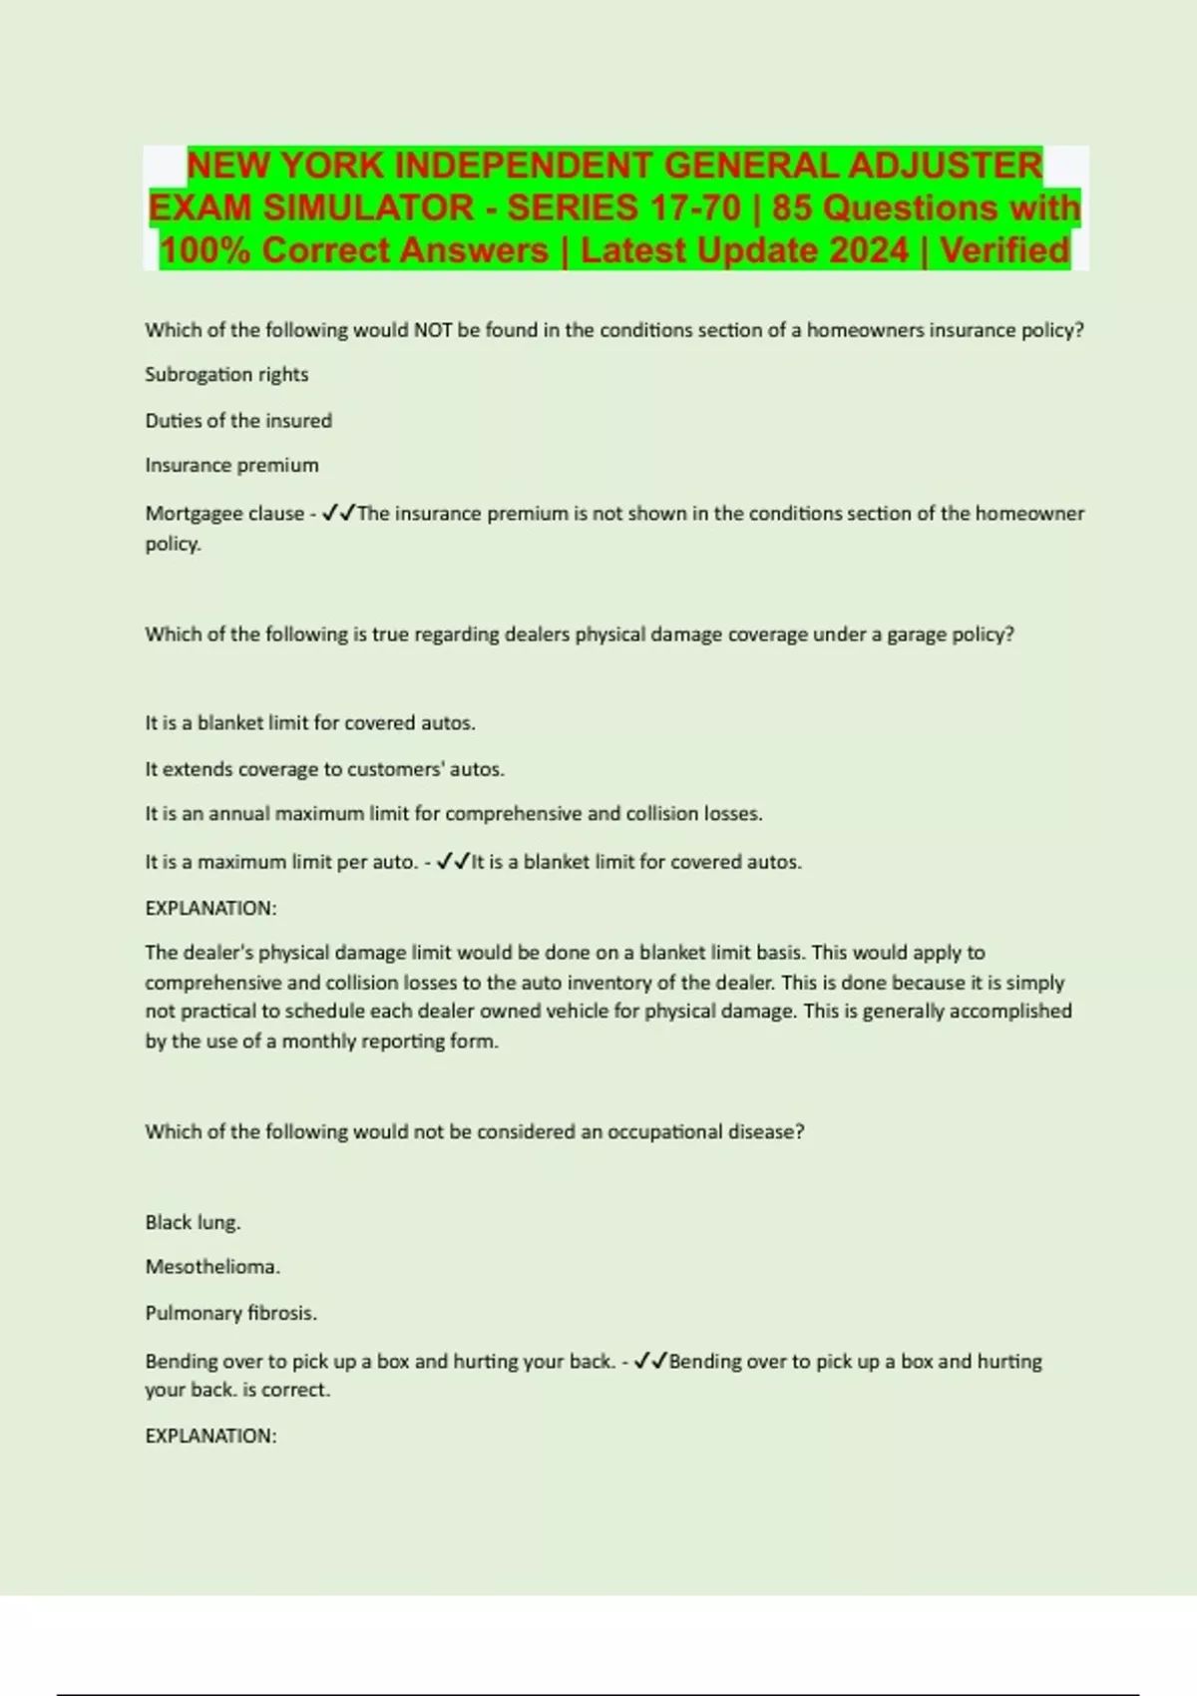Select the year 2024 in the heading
point(859,250)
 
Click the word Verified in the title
point(1004,250)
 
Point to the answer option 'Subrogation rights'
point(226,374)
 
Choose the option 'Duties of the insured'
point(238,420)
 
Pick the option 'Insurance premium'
point(231,465)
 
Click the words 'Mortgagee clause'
point(224,513)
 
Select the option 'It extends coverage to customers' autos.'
point(324,769)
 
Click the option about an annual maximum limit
point(453,813)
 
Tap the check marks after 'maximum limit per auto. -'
point(454,861)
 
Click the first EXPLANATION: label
point(210,908)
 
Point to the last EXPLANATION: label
point(210,1436)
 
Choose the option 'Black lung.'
point(193,1222)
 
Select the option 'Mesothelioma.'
point(212,1267)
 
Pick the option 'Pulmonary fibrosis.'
point(230,1313)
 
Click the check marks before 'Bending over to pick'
point(651,1361)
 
